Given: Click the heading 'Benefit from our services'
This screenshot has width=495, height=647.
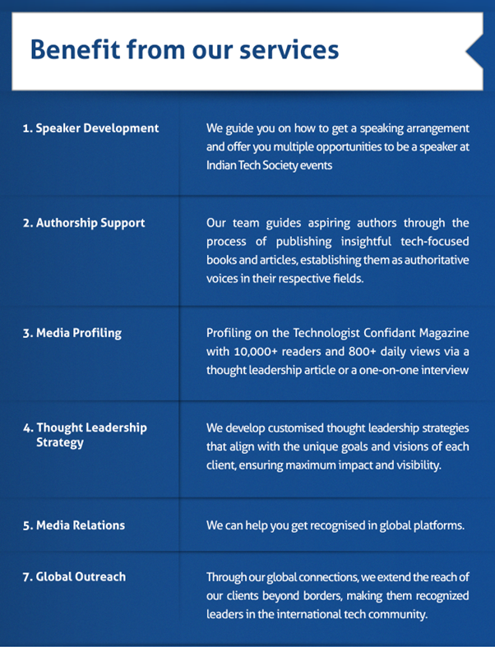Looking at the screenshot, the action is tap(184, 49).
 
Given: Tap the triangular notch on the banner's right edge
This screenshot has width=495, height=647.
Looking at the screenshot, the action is tap(474, 52).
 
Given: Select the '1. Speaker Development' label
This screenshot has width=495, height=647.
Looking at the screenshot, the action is tap(90, 128).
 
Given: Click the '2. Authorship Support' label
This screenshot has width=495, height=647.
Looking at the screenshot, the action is tap(84, 224).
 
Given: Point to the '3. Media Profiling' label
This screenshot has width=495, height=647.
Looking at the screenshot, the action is tap(72, 334).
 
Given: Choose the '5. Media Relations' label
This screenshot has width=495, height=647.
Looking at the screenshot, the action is tap(74, 525).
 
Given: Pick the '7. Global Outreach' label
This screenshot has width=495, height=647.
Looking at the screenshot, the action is tap(74, 577).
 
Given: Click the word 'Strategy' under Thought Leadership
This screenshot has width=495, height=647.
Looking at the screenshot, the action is tap(60, 443).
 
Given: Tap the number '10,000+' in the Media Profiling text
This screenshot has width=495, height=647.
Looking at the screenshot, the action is tap(256, 352).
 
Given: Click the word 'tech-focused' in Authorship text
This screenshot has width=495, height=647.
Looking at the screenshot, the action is tap(435, 242).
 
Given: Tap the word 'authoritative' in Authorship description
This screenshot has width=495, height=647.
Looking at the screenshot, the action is tap(437, 260).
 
